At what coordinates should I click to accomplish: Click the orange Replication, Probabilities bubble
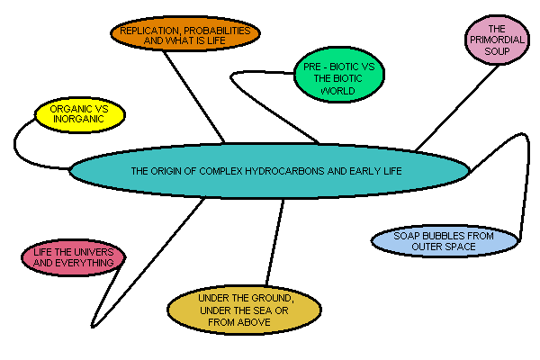coord(185,35)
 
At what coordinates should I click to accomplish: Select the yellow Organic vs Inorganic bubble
coord(79,115)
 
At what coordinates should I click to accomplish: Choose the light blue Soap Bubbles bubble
coord(445,240)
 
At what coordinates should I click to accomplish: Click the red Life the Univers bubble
coord(74,256)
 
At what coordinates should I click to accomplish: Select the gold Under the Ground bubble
coord(244,310)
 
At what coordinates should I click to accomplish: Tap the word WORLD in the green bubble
coord(332,91)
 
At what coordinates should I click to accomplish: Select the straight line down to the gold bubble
coord(274,243)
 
